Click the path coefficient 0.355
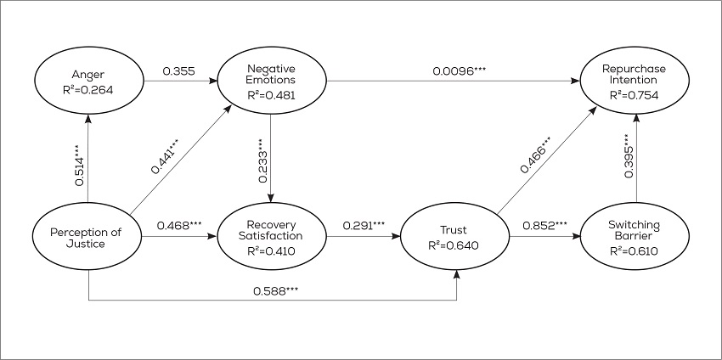179,71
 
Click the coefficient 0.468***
178,226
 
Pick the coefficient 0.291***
363,226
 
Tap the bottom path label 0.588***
275,290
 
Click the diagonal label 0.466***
533,154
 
